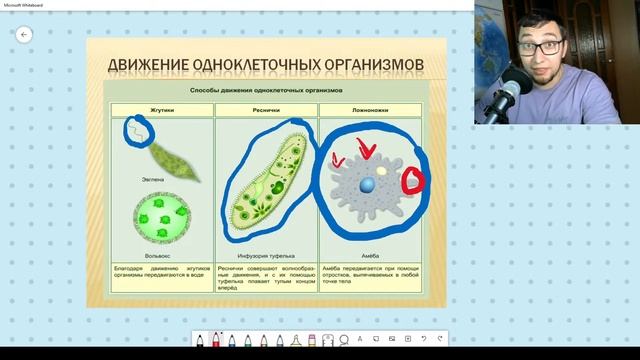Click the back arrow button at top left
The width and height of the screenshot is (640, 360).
pos(25,34)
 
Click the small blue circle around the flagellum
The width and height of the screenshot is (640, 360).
pos(137,129)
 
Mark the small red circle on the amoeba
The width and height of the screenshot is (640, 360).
pos(412,181)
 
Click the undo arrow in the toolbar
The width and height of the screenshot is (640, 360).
pos(423,340)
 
